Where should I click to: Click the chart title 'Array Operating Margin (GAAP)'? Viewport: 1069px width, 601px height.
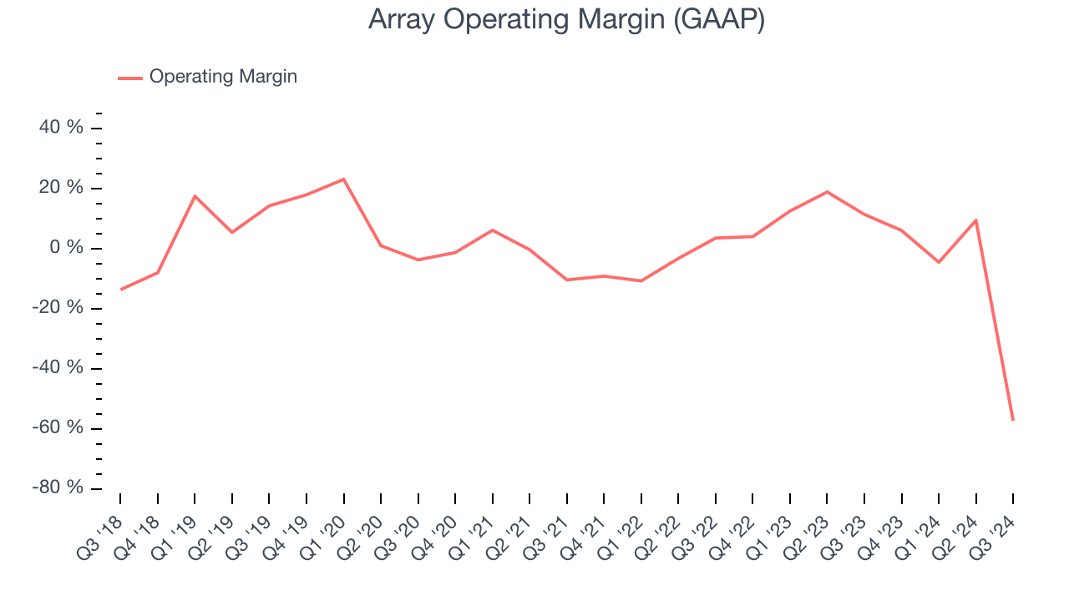click(x=566, y=20)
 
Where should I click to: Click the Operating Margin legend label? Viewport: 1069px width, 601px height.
click(x=223, y=77)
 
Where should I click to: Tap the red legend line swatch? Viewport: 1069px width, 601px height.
click(x=130, y=78)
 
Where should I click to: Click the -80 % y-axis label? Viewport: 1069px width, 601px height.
click(x=58, y=487)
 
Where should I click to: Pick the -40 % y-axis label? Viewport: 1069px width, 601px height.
click(x=58, y=368)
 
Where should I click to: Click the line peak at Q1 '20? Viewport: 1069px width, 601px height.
click(x=343, y=179)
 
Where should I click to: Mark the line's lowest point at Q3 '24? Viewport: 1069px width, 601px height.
click(x=1013, y=420)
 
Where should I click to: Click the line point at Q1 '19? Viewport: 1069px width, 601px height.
click(x=195, y=196)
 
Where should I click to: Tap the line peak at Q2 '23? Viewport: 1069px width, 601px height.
click(x=827, y=192)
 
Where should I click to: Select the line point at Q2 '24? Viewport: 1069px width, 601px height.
click(x=975, y=220)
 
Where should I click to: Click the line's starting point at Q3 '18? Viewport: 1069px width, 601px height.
click(x=120, y=290)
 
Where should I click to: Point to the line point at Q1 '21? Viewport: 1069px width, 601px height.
click(x=493, y=230)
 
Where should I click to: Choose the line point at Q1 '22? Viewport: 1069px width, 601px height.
click(x=641, y=280)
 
